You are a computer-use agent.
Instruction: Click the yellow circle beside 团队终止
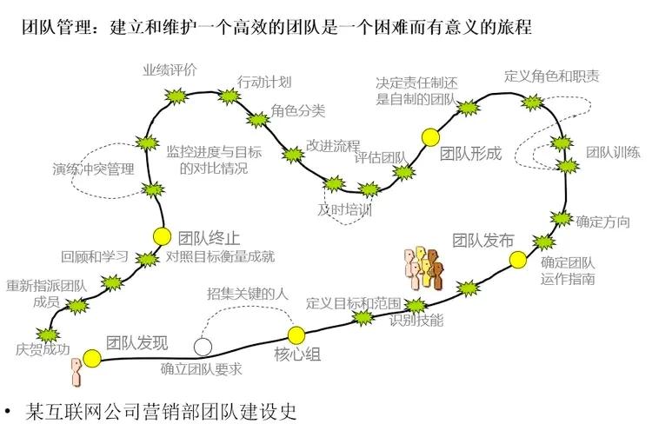tap(162, 235)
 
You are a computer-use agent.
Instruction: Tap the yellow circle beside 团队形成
tap(429, 136)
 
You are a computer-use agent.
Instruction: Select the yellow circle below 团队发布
tap(518, 259)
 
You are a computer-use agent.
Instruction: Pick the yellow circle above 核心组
tap(296, 334)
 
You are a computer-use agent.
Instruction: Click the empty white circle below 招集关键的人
tap(203, 347)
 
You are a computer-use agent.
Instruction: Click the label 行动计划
tap(264, 82)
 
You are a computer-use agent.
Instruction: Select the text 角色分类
tap(298, 110)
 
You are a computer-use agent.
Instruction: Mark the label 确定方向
tap(602, 222)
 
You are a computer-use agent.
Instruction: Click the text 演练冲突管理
tap(93, 169)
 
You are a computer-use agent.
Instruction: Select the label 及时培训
tap(344, 209)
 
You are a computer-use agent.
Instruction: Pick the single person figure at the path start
tap(77, 368)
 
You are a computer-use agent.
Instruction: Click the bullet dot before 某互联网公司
tap(10, 409)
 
